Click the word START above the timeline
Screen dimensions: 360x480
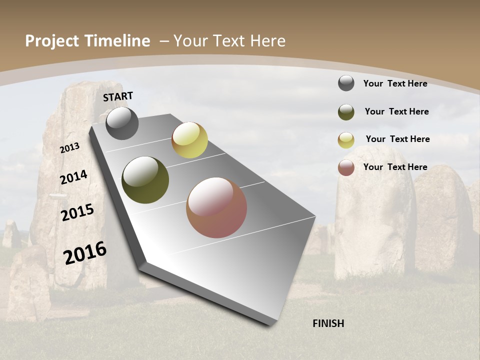tap(118, 96)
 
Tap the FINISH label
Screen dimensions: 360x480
tap(328, 323)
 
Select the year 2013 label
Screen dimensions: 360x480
tap(70, 147)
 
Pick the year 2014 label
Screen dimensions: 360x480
tap(73, 177)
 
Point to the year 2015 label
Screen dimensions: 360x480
tap(77, 212)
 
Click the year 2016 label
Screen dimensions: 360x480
tap(85, 252)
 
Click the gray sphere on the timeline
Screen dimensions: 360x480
tap(122, 123)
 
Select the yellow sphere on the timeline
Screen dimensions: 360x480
tap(189, 140)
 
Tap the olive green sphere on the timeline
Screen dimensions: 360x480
tap(145, 180)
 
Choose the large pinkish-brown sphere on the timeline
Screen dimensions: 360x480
tap(216, 207)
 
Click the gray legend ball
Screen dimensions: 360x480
tap(346, 83)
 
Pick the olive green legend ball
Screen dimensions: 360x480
tap(346, 112)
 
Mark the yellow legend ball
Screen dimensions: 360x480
tap(346, 140)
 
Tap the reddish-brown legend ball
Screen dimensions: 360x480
tap(346, 167)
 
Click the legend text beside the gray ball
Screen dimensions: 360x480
tap(395, 83)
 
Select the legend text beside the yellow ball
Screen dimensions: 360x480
tap(397, 139)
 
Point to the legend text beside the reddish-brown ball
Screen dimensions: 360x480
tap(395, 167)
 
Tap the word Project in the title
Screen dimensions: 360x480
tap(51, 41)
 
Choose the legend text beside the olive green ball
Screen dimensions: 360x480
tap(396, 111)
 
